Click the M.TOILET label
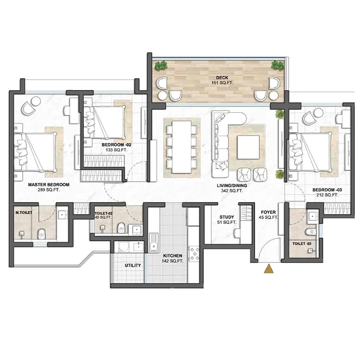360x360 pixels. (24, 212)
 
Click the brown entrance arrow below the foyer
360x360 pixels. (268, 268)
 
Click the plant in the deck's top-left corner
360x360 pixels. (163, 65)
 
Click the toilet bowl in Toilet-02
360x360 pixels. (121, 226)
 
